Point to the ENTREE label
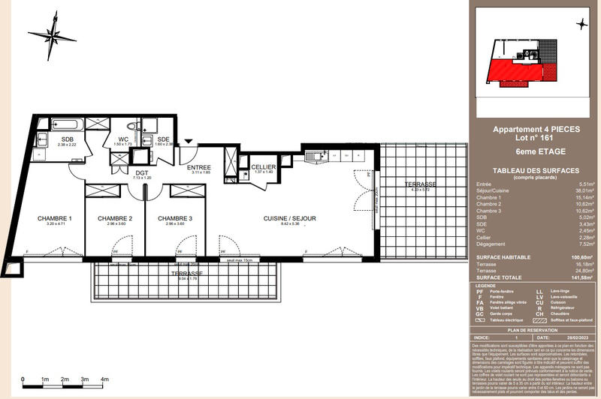199,167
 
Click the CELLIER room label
264,167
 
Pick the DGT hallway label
142,172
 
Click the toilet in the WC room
130,127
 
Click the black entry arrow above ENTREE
188,141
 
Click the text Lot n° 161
536,139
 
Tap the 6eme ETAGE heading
536,151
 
